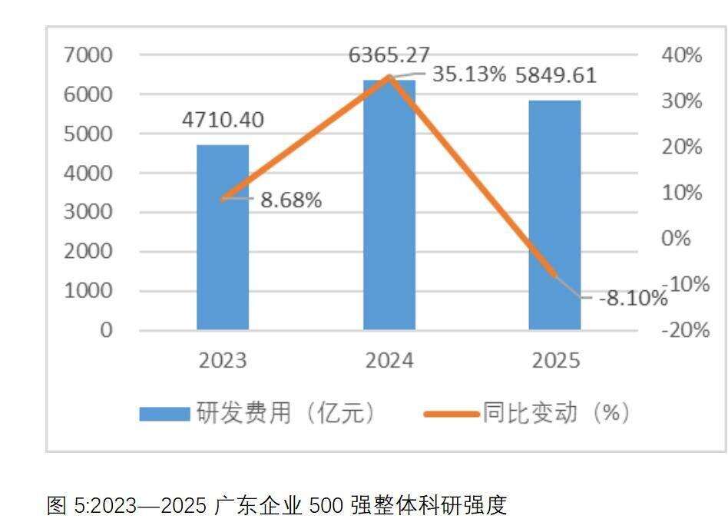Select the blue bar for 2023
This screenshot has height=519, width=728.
coord(223,237)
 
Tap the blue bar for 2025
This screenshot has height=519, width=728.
coord(555,215)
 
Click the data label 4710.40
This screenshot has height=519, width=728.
coord(223,121)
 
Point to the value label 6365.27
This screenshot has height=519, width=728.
coord(389,55)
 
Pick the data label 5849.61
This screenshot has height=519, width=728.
coord(555,76)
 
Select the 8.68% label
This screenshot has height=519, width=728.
coord(291,201)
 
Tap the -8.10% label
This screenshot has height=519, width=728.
coord(633,297)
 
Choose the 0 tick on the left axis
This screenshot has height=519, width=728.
coord(106,330)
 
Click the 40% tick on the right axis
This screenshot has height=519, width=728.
coord(680,55)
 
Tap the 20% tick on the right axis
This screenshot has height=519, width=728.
coord(680,147)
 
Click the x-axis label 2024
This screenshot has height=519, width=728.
coord(389,361)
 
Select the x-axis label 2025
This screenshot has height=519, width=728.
coord(555,361)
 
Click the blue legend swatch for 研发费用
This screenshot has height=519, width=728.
coord(164,415)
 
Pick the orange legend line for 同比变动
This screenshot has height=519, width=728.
coord(452,415)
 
